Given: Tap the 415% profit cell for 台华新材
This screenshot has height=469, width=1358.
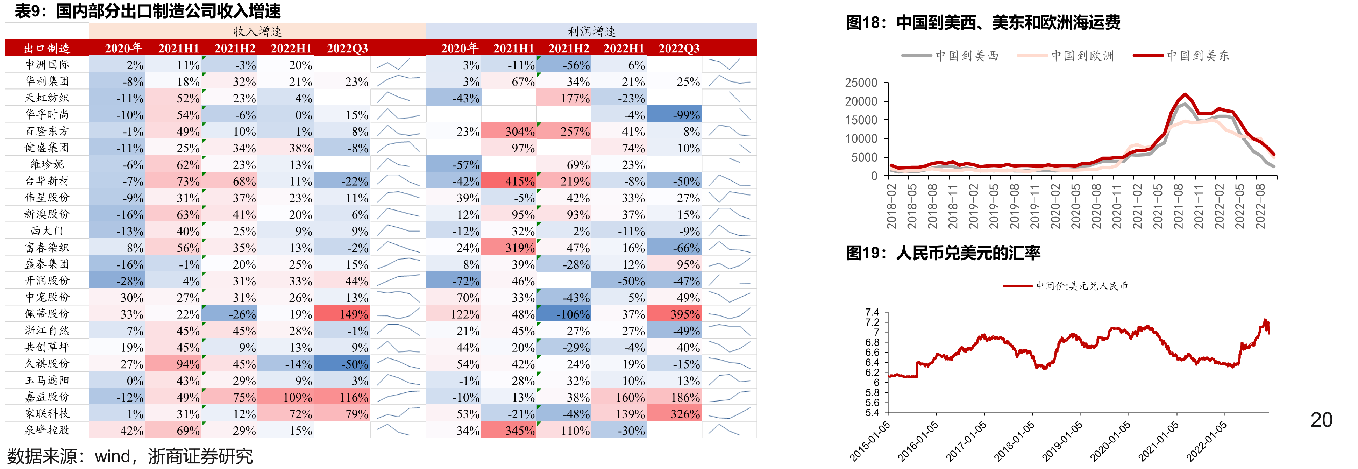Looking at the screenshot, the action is (x=509, y=181).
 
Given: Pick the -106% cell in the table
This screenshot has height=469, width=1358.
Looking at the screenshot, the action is (x=564, y=314).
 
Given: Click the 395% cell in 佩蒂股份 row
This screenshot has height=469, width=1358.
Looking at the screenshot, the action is (x=674, y=314).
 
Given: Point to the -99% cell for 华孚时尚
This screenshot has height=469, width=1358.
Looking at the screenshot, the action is (x=674, y=114).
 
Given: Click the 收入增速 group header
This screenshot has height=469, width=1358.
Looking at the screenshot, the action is (x=258, y=31).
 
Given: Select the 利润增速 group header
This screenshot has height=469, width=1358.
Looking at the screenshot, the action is (x=591, y=31).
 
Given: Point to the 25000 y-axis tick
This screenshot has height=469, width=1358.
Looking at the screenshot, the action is (x=861, y=83).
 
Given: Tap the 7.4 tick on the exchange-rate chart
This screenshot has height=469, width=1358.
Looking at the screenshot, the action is (x=873, y=312).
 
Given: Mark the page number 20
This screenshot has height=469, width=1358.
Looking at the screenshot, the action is (x=1321, y=420).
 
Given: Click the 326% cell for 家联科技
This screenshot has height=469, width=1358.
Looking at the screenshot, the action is (x=674, y=414).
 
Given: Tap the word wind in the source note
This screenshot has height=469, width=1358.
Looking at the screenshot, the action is (x=113, y=456).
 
